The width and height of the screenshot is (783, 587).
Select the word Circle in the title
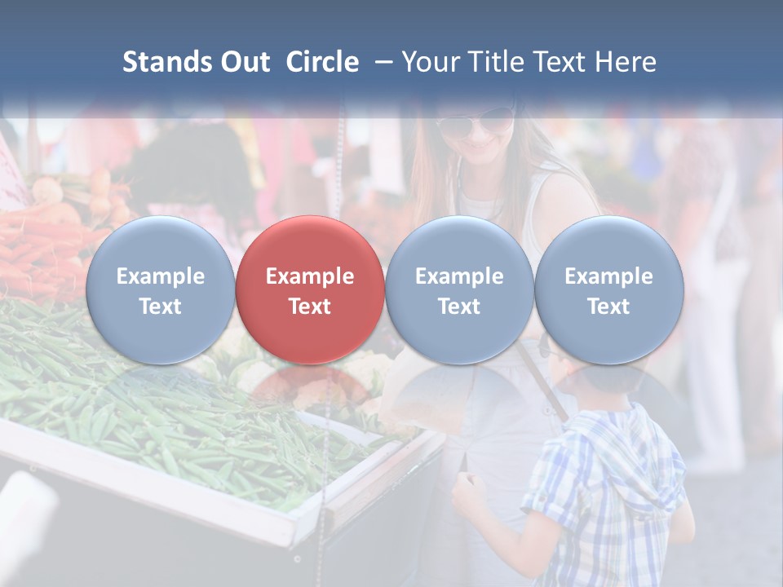click(x=322, y=62)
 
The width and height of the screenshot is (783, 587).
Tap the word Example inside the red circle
click(x=310, y=276)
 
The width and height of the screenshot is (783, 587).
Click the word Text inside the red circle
click(x=310, y=307)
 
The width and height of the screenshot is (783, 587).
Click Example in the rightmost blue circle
click(x=609, y=276)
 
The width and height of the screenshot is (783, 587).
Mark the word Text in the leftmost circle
click(x=161, y=307)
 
